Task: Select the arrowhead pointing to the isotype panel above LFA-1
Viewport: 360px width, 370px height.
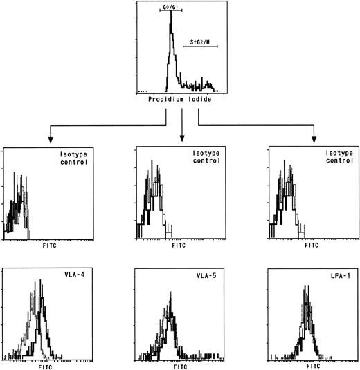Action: [313, 139]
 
